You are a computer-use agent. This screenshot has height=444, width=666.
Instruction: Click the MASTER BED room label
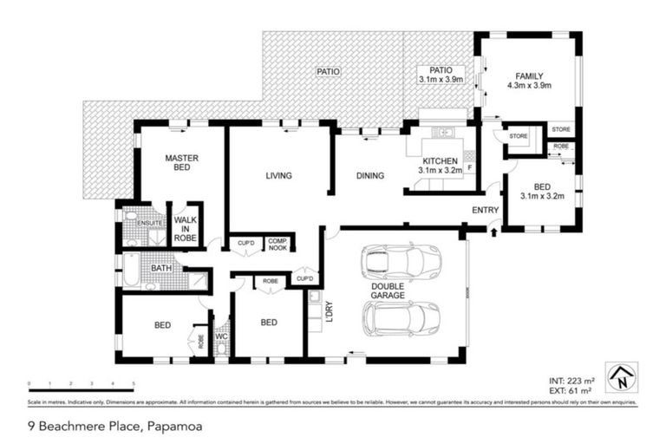pos(182,164)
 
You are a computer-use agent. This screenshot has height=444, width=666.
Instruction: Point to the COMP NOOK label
pos(277,244)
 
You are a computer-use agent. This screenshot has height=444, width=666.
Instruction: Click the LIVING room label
pos(278,176)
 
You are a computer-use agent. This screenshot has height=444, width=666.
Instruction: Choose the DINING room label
pos(369,176)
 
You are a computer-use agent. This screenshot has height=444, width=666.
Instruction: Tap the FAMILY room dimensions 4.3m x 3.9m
pos(528,86)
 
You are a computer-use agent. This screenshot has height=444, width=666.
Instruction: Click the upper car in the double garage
pos(402,260)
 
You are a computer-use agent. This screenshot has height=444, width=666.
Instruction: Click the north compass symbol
pos(621,377)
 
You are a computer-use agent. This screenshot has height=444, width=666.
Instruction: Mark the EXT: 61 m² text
pos(571,392)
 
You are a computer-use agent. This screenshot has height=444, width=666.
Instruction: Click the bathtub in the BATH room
pos(130,270)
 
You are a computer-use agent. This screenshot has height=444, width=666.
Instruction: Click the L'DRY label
pos(329,312)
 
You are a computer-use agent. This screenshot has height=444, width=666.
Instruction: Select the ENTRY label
pos(485,210)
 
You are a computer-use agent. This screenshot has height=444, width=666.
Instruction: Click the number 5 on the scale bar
pos(134,383)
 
